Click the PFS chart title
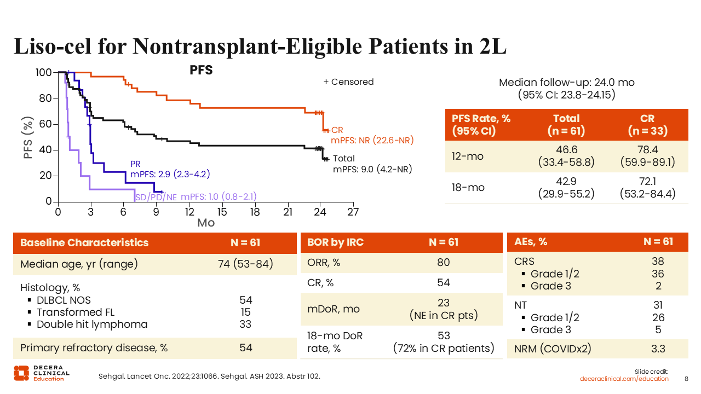[201, 70]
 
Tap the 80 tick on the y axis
[44, 99]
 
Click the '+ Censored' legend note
[348, 82]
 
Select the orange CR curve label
[337, 130]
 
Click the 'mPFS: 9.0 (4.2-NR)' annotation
[372, 170]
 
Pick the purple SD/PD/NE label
[156, 197]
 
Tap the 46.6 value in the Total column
[566, 149]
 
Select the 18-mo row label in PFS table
[468, 188]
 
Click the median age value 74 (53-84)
[245, 264]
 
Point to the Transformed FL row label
[76, 312]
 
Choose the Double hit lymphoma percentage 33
[245, 324]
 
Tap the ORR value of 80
[443, 263]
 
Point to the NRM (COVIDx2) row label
[550, 349]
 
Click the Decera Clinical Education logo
[42, 372]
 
